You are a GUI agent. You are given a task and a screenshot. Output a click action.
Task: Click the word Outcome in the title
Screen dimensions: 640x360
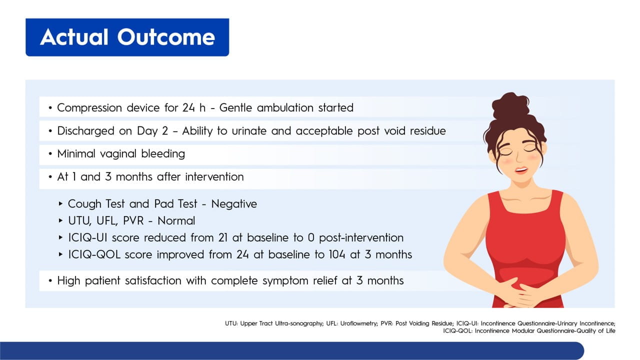(x=166, y=37)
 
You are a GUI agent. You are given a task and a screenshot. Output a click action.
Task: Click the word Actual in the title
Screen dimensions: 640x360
(x=74, y=37)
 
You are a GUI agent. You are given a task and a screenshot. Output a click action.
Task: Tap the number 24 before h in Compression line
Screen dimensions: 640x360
(x=188, y=107)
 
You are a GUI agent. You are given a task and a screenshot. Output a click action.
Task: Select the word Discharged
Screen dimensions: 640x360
(x=85, y=131)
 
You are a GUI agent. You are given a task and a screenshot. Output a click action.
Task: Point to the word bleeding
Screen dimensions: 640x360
(x=163, y=154)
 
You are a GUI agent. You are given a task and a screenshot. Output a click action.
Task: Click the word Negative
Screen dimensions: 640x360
(x=234, y=204)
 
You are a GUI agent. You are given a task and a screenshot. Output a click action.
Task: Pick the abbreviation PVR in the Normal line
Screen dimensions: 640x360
(x=133, y=221)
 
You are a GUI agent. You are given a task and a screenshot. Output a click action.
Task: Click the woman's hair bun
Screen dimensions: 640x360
(x=510, y=105)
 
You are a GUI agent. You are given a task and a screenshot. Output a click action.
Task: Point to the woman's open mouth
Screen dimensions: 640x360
(x=521, y=170)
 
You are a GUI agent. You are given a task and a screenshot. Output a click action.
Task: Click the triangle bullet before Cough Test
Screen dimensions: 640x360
(x=60, y=203)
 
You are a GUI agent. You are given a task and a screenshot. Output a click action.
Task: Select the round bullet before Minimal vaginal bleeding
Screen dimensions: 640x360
(x=50, y=154)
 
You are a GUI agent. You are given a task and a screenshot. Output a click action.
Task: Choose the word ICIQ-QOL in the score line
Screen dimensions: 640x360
(x=94, y=254)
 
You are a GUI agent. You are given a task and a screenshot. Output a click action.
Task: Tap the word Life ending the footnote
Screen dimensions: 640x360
(x=610, y=331)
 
